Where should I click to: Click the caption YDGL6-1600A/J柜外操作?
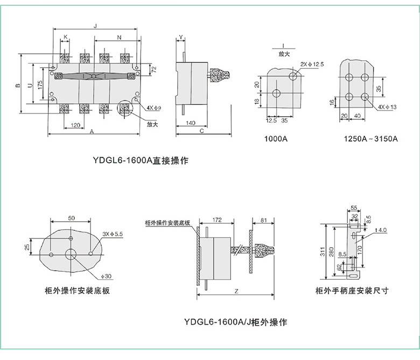[235, 322]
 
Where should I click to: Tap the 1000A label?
[276, 138]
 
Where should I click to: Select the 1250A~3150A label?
[370, 138]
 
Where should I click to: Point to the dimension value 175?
[40, 84]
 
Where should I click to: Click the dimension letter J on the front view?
[95, 25]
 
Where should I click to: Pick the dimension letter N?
[119, 37]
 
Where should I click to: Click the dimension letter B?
[18, 84]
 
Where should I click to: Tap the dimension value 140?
[190, 123]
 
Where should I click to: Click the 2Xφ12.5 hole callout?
[312, 64]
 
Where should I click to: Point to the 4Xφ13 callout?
[388, 107]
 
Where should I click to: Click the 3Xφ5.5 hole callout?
[112, 234]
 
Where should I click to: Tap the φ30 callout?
[106, 276]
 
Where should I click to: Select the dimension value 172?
[217, 220]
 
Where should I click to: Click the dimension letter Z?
[236, 291]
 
